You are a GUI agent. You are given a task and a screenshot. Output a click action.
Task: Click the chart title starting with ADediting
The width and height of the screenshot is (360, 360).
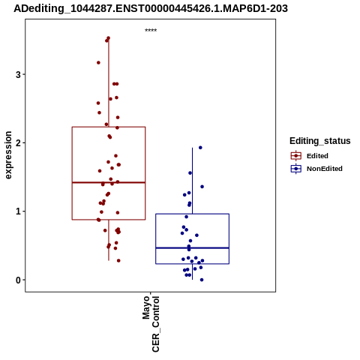pyautogui.click(x=151, y=9)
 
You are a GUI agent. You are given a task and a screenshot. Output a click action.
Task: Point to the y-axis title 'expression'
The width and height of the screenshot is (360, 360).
pyautogui.click(x=8, y=155)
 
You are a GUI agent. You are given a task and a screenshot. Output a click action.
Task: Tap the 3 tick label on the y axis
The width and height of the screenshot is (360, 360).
pyautogui.click(x=18, y=74)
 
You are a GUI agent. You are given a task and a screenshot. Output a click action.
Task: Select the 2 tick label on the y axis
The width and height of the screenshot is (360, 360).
pyautogui.click(x=18, y=143)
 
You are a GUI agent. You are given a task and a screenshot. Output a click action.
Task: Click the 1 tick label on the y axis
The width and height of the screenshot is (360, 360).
pyautogui.click(x=18, y=211)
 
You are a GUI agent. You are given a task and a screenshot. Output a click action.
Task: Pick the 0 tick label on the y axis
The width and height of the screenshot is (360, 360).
pyautogui.click(x=18, y=280)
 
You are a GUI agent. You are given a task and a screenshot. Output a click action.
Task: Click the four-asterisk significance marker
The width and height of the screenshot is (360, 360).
pyautogui.click(x=151, y=31)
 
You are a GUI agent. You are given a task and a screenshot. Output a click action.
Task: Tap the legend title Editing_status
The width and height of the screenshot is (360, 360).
pyautogui.click(x=320, y=141)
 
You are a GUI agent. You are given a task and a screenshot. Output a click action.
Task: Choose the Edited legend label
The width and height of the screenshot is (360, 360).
pyautogui.click(x=317, y=156)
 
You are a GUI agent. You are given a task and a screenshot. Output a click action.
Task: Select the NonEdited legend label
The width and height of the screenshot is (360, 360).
pyautogui.click(x=325, y=169)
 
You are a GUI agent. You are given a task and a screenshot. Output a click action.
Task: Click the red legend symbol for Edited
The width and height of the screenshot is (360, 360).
pyautogui.click(x=296, y=156)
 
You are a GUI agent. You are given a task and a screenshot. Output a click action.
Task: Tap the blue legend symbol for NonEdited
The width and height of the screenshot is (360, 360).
pyautogui.click(x=296, y=169)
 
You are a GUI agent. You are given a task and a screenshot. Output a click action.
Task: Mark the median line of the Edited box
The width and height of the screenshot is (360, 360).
pyautogui.click(x=109, y=182)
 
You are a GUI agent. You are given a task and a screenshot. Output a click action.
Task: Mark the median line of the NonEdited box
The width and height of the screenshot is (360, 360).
pyautogui.click(x=192, y=247)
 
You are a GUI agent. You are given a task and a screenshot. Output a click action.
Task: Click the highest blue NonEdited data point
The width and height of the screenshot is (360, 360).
pyautogui.click(x=200, y=148)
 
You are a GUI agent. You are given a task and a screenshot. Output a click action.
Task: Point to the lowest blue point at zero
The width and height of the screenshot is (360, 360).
pyautogui.click(x=202, y=280)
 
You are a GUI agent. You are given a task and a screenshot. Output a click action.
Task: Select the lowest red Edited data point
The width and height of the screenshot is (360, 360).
pyautogui.click(x=118, y=260)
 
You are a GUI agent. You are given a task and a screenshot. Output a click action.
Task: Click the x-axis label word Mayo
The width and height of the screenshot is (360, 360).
pyautogui.click(x=146, y=307)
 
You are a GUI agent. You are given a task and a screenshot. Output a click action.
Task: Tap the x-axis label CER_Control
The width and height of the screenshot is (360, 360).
pyautogui.click(x=155, y=324)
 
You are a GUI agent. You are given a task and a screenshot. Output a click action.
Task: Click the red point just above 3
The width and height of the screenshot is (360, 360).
pyautogui.click(x=98, y=62)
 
